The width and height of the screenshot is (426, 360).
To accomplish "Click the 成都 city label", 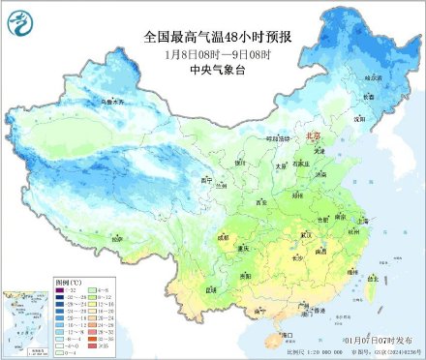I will [x=224, y=235].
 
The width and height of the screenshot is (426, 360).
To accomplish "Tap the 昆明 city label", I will [x=211, y=288].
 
